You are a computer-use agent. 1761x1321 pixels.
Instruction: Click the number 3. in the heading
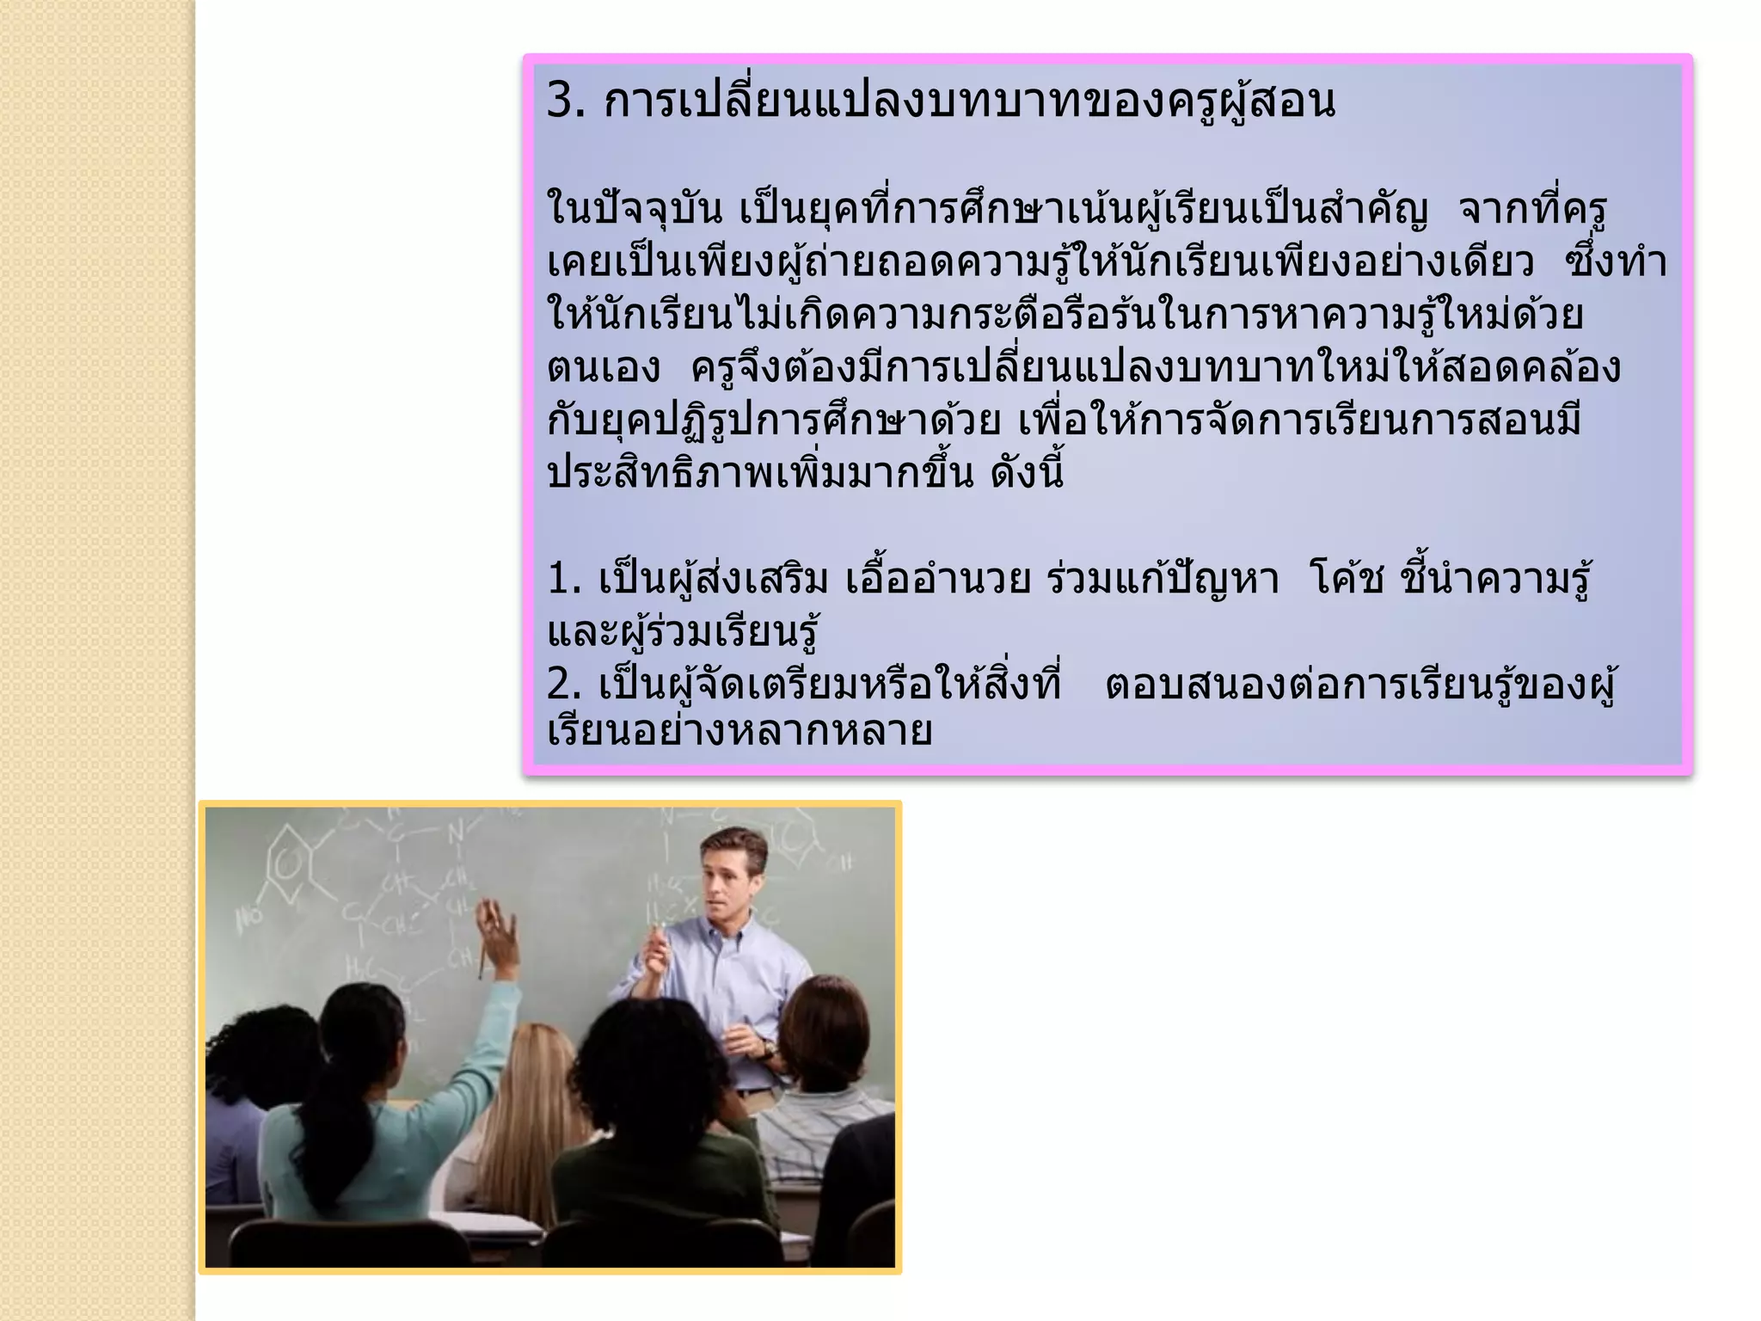coord(566,101)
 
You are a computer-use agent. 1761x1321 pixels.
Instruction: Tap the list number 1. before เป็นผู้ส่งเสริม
coord(564,580)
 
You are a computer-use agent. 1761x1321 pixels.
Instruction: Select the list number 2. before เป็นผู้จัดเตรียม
coord(564,685)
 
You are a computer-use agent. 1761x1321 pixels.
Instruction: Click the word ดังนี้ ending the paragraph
coord(1027,474)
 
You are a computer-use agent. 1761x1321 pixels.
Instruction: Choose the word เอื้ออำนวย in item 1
coord(938,580)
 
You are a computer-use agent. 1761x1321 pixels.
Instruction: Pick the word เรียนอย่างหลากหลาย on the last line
coord(740,732)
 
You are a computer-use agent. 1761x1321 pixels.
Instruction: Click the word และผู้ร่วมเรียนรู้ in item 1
coord(683,633)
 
